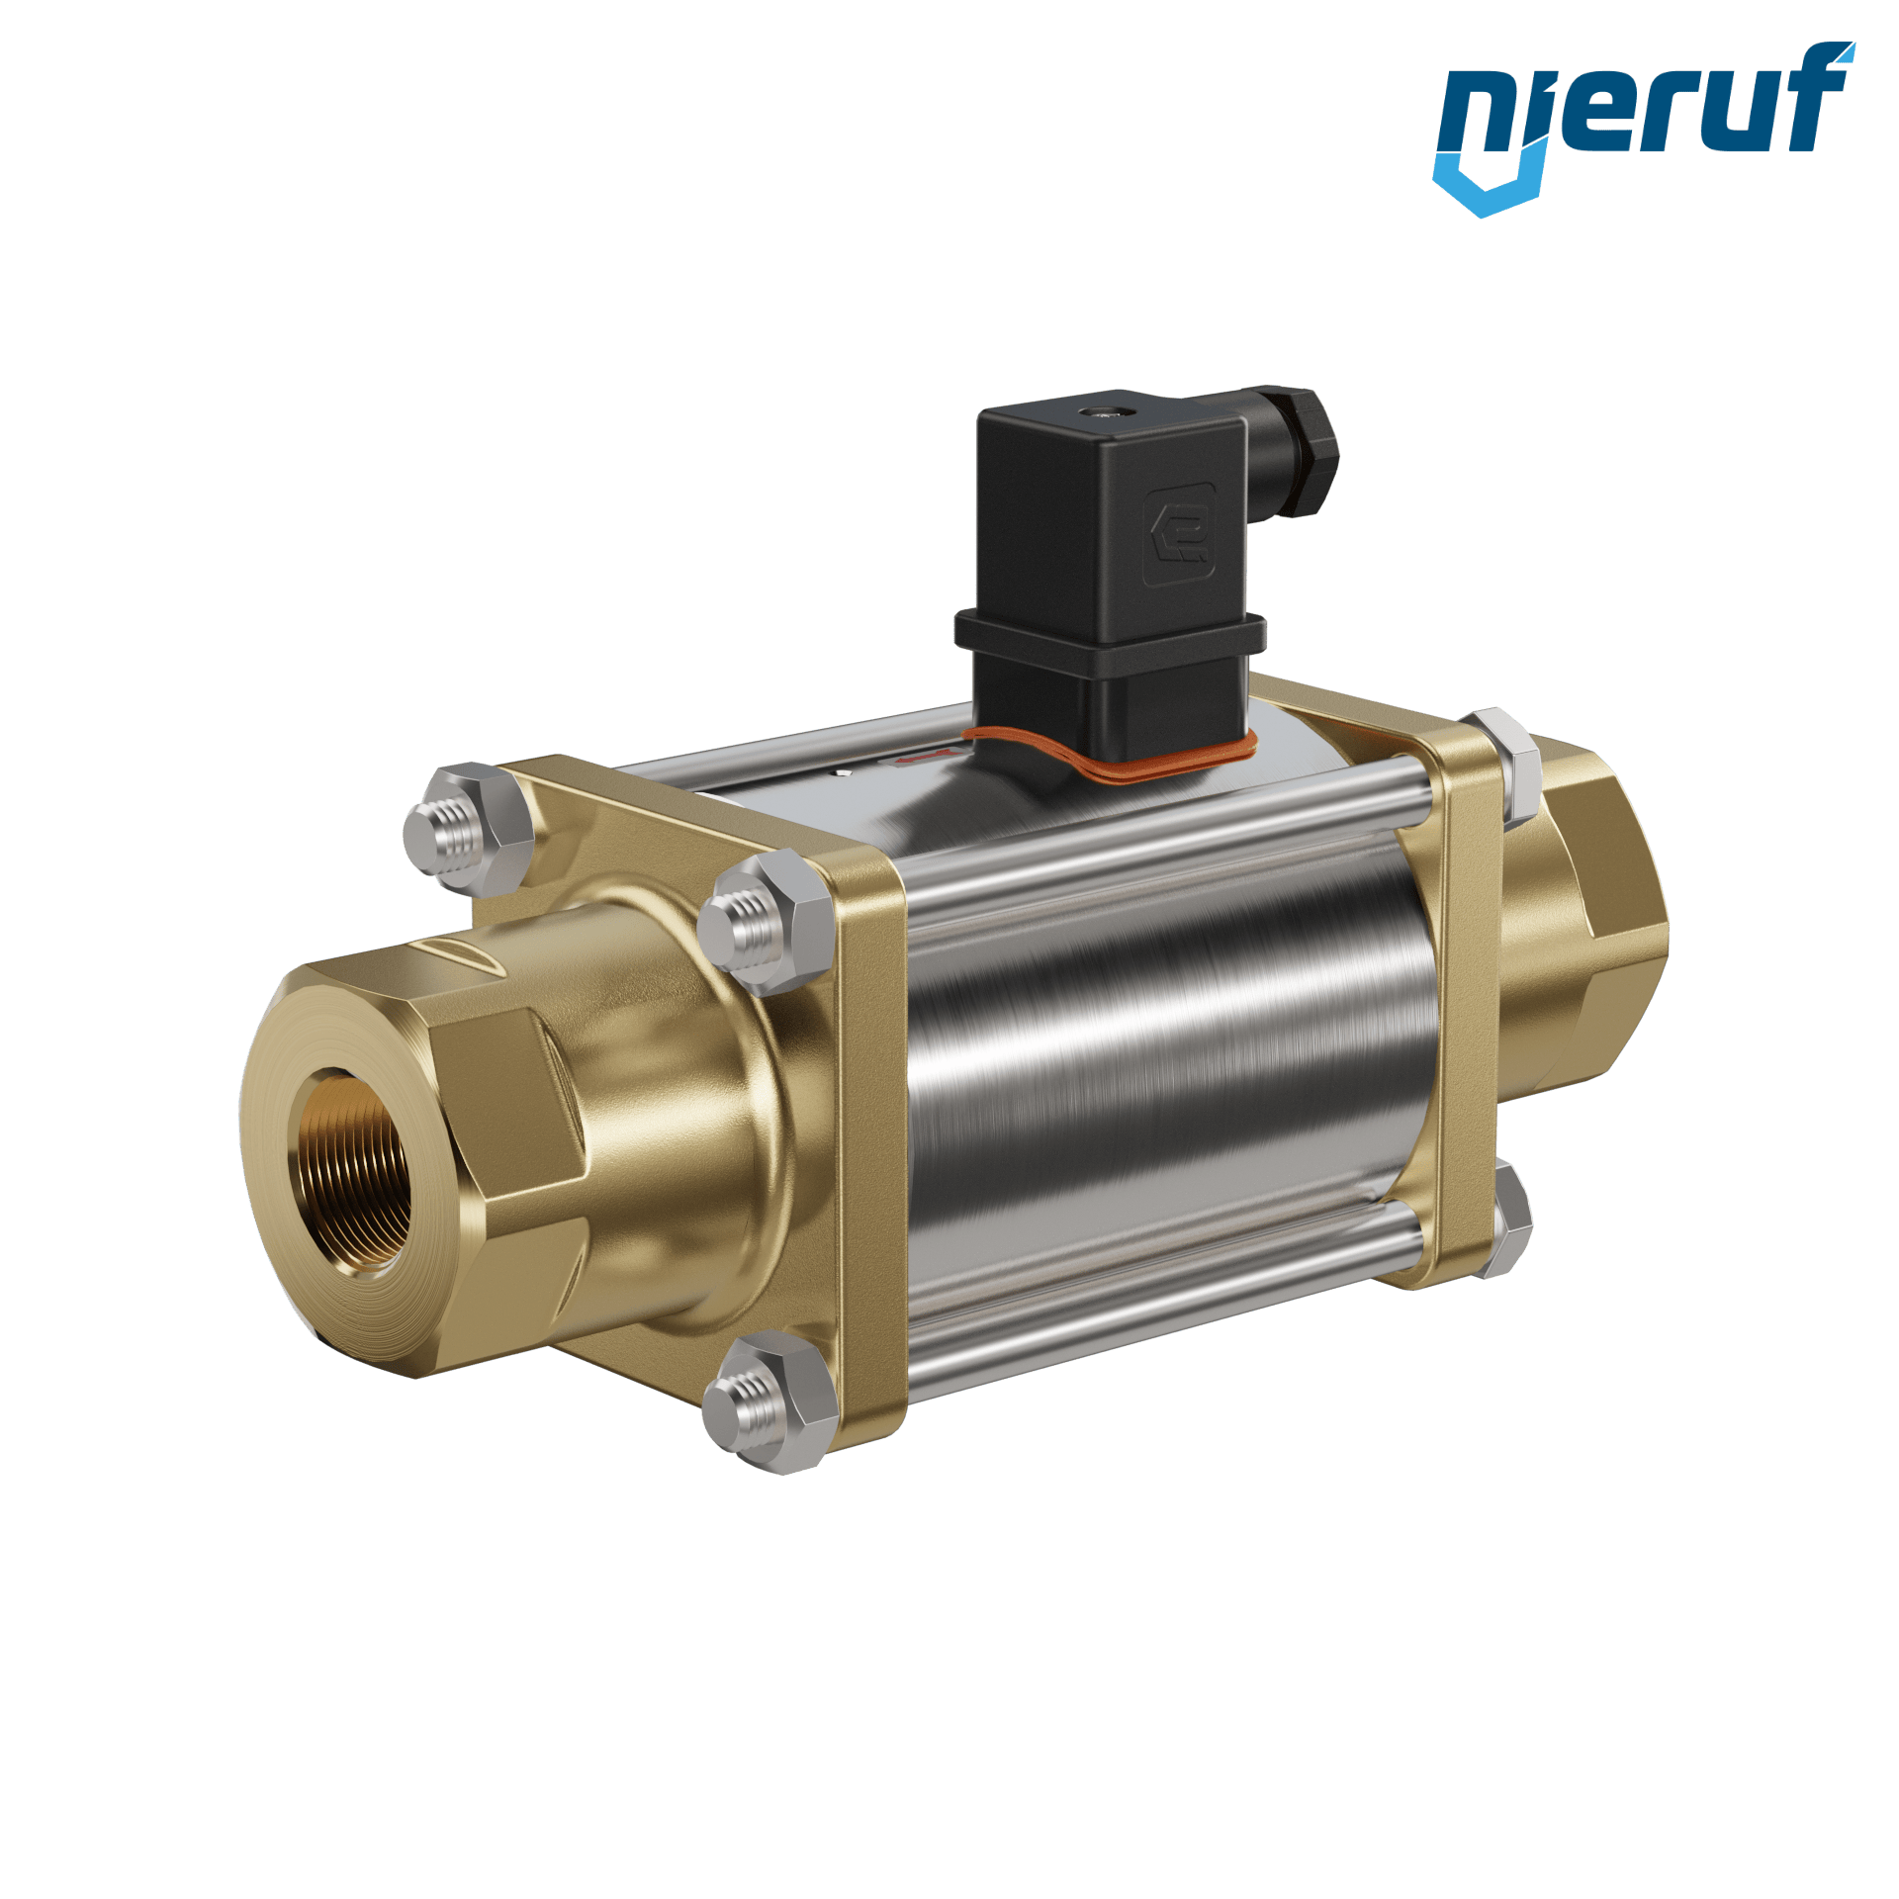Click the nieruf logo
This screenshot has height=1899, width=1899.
coord(1643,128)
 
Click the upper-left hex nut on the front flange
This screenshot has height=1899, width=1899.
coord(469,829)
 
